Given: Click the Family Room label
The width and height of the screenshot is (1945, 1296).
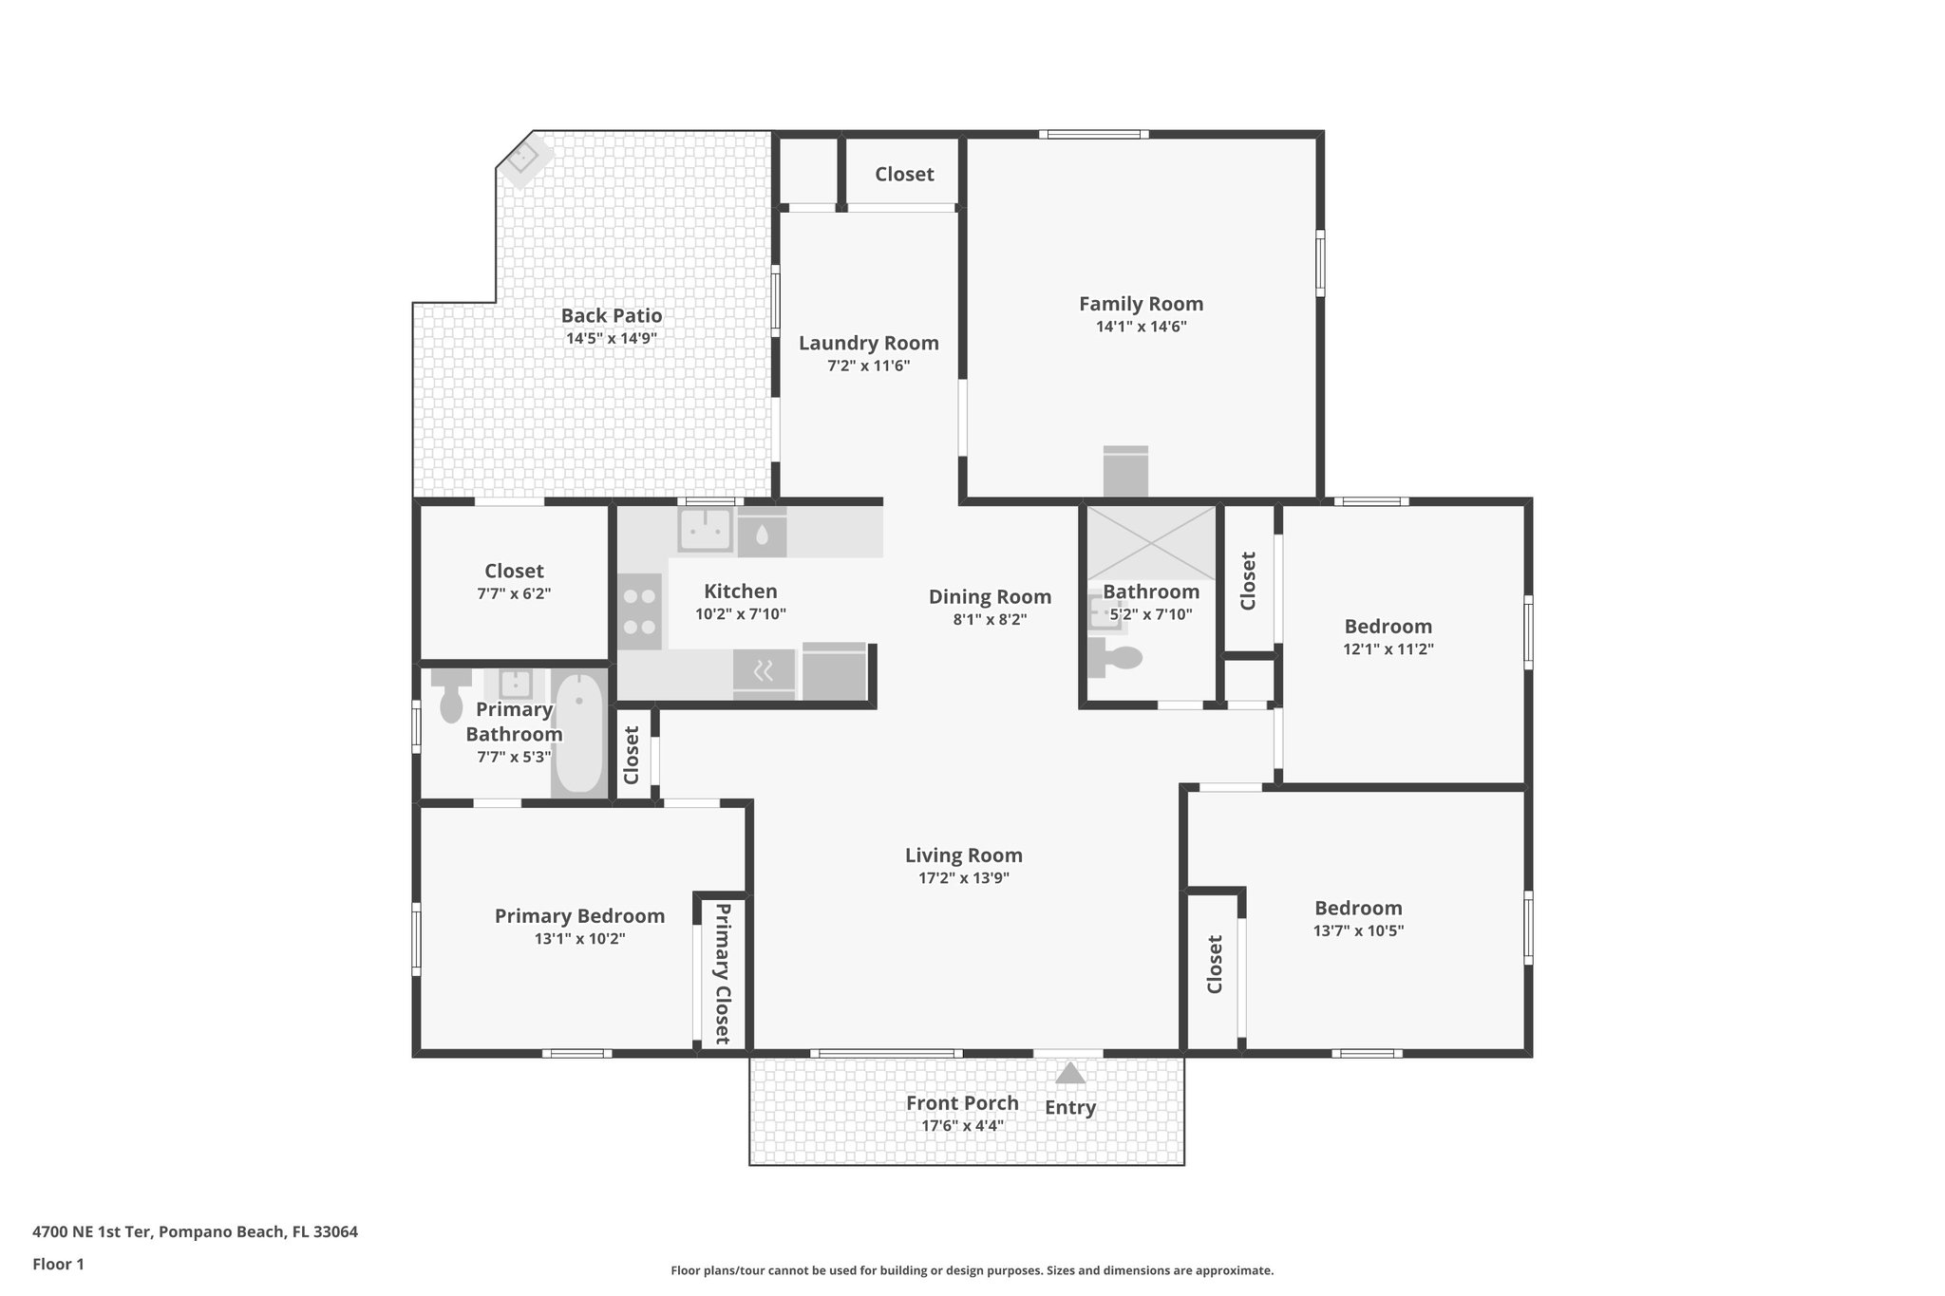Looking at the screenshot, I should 1141,304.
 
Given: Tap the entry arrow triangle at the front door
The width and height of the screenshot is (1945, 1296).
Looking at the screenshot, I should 1070,1074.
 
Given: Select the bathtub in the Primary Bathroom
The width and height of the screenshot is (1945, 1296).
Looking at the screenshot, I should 578,732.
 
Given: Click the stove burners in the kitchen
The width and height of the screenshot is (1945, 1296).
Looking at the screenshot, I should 639,611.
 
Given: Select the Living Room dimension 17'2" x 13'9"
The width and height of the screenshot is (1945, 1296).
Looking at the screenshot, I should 963,878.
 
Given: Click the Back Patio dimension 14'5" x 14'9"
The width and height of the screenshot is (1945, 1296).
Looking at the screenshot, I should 612,338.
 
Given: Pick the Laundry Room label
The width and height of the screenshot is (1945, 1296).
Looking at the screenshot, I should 868,343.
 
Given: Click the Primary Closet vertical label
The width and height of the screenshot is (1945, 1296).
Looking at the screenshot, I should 722,973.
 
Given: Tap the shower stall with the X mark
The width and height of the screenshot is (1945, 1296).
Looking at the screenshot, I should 1151,542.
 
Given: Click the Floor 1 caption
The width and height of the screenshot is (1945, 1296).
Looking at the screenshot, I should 59,1264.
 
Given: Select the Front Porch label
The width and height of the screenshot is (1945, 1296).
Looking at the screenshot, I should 962,1103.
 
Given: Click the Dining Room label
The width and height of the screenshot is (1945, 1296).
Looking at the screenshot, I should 990,596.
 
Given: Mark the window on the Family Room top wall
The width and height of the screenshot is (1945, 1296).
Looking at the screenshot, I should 1093,135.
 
